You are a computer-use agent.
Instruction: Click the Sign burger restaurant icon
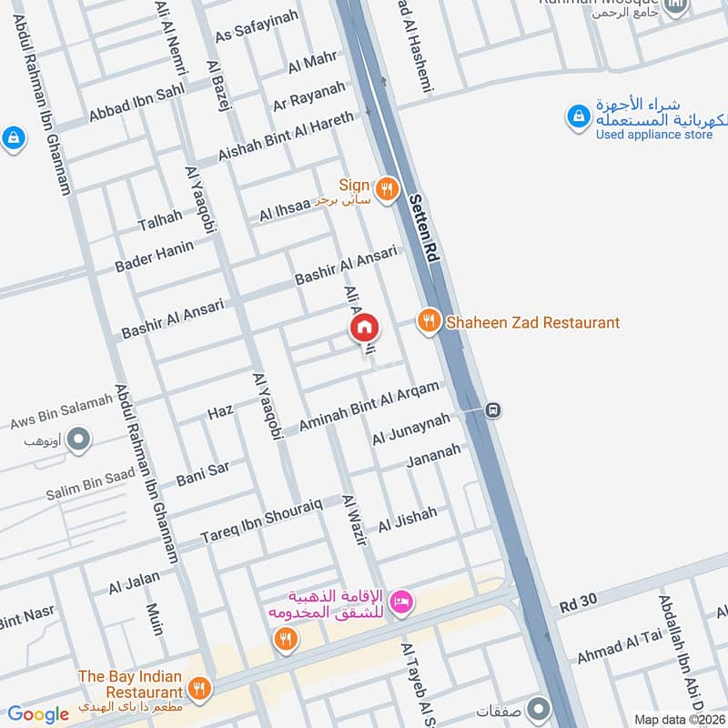387,187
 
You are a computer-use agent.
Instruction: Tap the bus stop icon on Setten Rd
493,410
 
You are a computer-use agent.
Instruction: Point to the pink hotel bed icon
401,601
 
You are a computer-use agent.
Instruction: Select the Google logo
37,714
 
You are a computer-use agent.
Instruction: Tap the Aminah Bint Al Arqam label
369,408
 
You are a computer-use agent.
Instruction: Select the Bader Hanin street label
155,256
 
